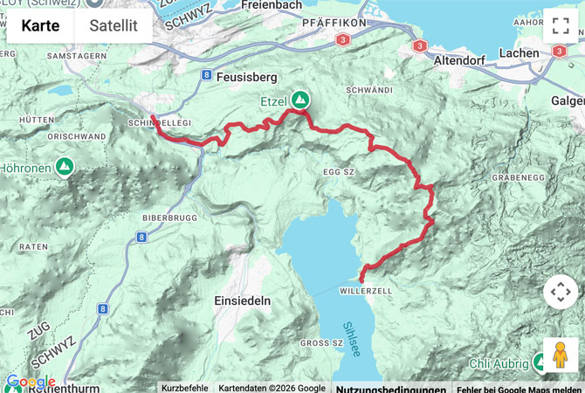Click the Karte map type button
(x=40, y=25)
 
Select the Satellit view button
(x=114, y=25)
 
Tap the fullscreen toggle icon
(x=560, y=25)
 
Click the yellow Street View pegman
(x=560, y=355)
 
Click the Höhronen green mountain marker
(x=64, y=165)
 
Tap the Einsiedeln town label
(x=242, y=300)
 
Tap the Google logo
(x=30, y=382)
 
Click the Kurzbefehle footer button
(x=185, y=388)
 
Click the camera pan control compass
(x=560, y=292)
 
